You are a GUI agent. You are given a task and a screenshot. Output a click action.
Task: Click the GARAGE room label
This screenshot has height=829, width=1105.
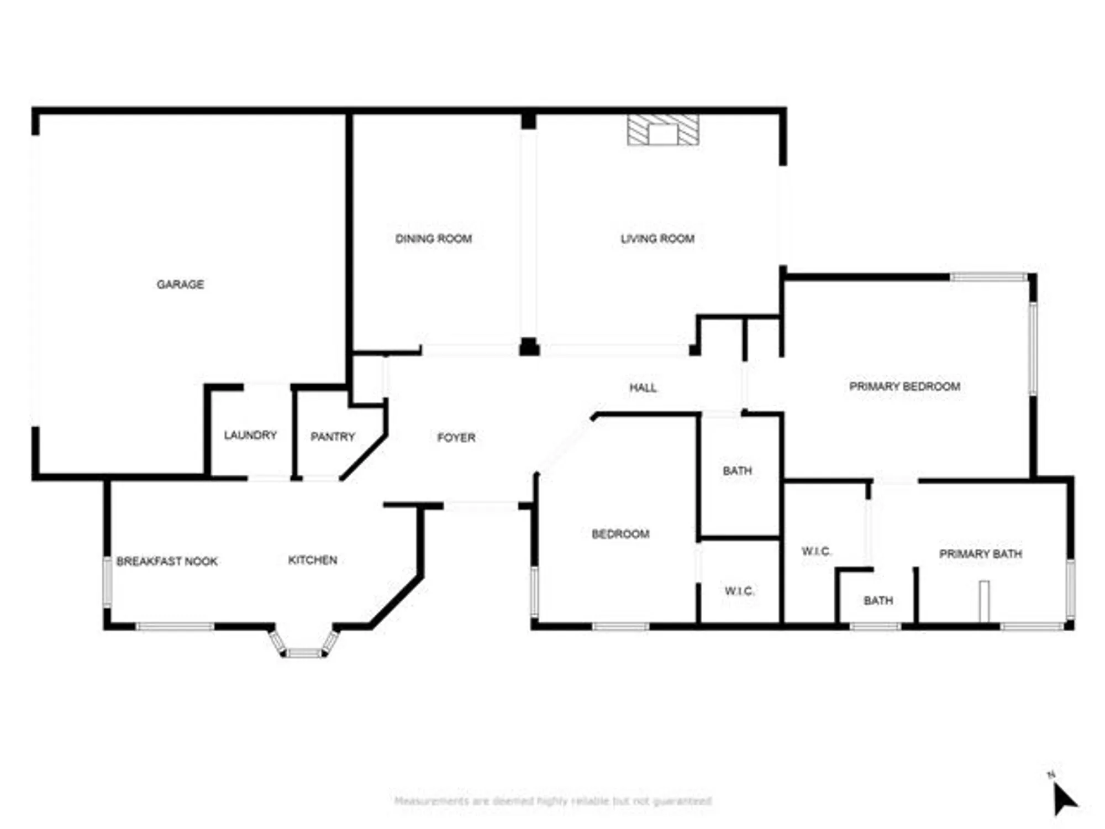pos(180,284)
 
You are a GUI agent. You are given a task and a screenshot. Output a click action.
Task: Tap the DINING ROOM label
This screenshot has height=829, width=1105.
pos(433,239)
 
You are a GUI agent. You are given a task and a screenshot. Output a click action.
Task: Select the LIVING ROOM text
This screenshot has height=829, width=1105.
pos(657,239)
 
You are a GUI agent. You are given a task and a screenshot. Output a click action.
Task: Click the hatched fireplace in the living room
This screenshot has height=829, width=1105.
pos(663,130)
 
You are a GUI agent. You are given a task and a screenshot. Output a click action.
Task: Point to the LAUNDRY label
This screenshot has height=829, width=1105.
pos(250,436)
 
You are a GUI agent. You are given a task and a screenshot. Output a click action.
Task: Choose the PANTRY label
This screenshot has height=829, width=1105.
pos(333,437)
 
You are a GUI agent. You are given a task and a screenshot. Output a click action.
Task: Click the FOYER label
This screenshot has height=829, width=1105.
pos(456,438)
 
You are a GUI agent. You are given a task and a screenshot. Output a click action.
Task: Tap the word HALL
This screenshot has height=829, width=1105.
pos(643,388)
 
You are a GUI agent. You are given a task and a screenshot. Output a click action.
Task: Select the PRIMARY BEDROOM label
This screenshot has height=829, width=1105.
pos(904,386)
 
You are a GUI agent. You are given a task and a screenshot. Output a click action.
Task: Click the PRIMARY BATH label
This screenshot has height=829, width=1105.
pos(980,554)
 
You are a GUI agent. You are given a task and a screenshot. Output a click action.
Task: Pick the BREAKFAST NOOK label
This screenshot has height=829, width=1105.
pos(167,562)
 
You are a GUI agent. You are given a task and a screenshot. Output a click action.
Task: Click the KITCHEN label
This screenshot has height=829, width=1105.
pos(313,560)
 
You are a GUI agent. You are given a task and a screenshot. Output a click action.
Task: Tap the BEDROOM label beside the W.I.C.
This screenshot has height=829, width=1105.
pos(620,534)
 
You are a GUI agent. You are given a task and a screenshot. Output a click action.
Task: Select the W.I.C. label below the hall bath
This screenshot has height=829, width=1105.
pos(739,591)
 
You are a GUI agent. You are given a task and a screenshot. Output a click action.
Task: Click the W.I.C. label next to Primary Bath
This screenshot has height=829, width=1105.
pos(816,552)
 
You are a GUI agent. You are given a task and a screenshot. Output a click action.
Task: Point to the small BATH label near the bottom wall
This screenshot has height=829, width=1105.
pos(878,601)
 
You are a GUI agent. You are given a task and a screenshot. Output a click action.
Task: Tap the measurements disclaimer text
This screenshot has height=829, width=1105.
pos(552,801)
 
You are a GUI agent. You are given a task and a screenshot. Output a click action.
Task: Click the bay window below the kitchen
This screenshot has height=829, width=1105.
pos(304,647)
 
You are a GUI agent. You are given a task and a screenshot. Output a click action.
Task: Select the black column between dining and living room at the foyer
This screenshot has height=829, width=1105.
pos(529,347)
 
